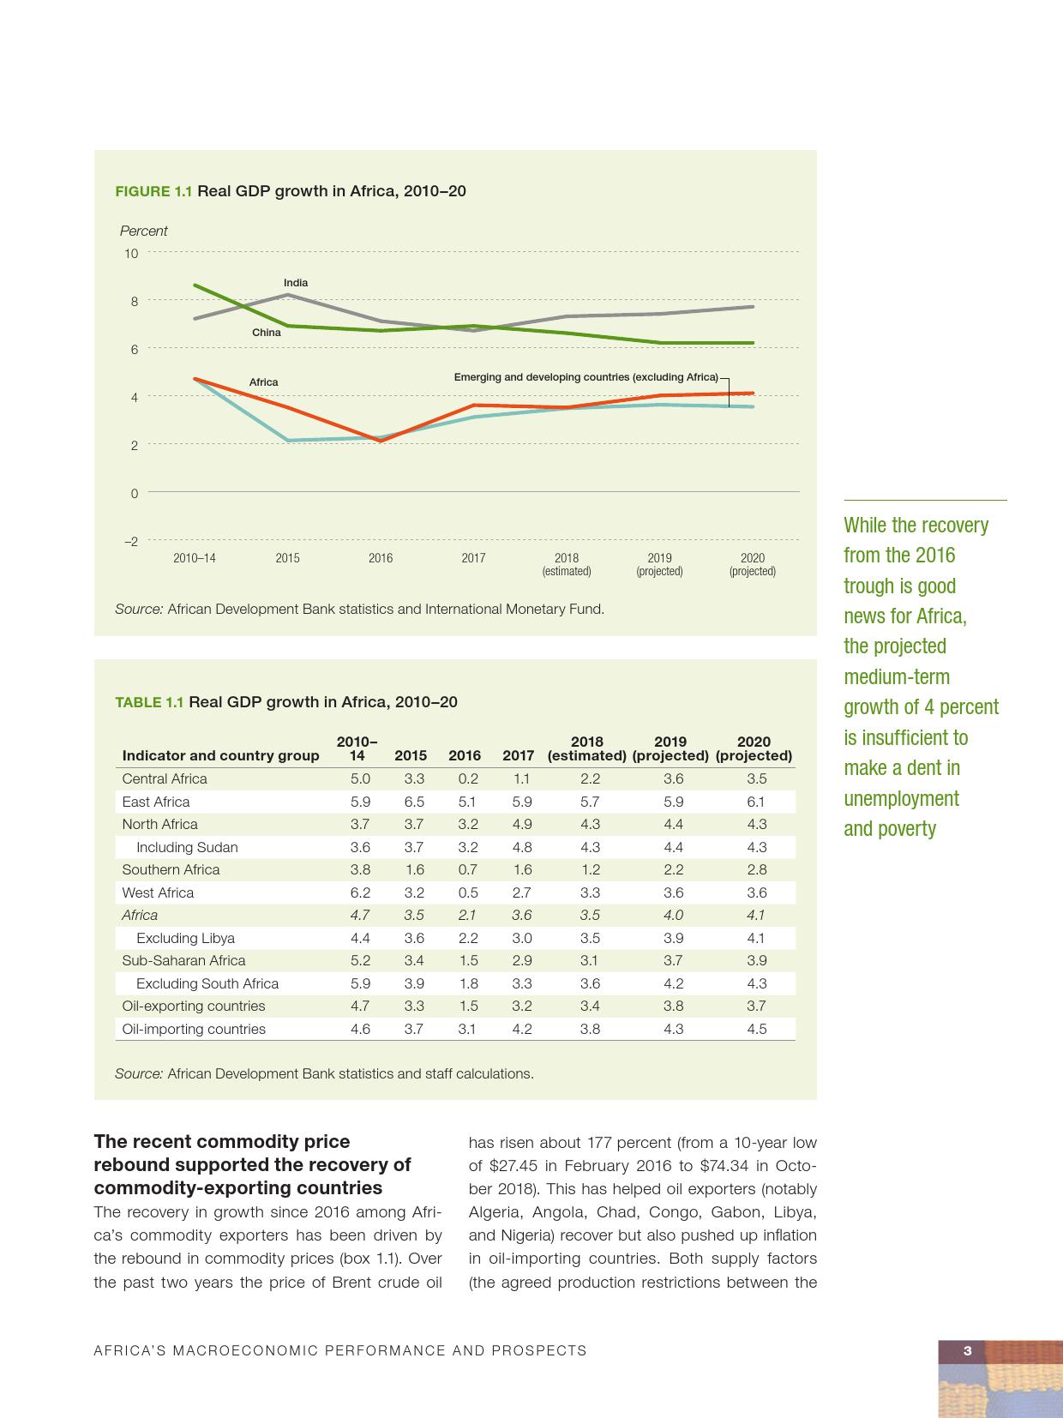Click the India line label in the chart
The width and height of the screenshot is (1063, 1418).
click(296, 283)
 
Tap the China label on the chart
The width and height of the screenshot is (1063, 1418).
click(266, 333)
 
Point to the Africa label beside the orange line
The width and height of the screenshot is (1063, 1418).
click(263, 382)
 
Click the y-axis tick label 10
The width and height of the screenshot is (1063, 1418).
click(131, 254)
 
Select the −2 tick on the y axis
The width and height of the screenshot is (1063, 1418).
click(131, 542)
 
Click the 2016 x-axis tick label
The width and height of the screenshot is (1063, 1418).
click(381, 558)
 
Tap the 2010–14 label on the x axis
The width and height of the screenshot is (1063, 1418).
click(195, 558)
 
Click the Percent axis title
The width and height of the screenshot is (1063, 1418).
click(143, 231)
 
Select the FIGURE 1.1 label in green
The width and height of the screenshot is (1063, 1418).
click(154, 191)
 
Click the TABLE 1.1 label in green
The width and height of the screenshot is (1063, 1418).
click(149, 703)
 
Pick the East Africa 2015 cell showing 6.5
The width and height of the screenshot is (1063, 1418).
click(414, 802)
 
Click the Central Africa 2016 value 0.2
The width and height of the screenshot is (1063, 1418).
click(468, 779)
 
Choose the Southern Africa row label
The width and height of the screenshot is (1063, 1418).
click(171, 870)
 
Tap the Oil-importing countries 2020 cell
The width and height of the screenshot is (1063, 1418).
click(756, 1029)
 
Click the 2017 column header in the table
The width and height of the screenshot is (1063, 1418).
click(518, 756)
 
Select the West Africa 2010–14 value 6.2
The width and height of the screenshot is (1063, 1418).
click(360, 892)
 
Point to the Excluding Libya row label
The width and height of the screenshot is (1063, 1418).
click(185, 938)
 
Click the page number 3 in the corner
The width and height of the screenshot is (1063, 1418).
click(968, 1351)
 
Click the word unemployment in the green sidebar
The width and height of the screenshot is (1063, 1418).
click(901, 799)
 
